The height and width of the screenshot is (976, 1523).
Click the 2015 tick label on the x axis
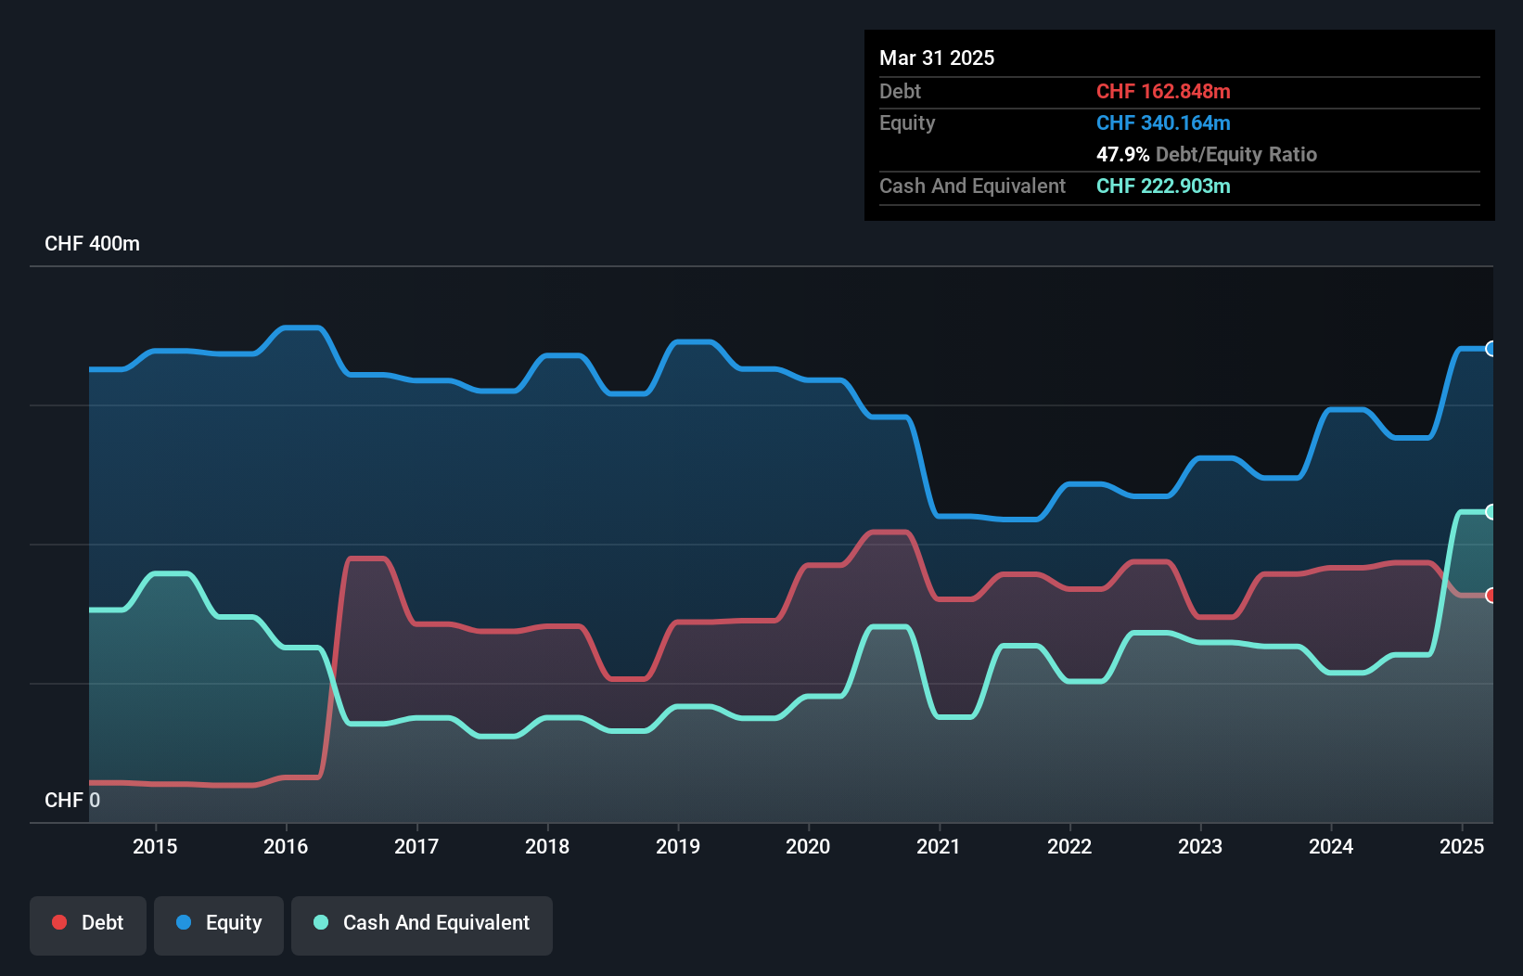(155, 846)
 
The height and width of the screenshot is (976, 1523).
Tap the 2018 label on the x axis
(547, 846)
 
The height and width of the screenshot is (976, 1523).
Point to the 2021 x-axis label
(939, 846)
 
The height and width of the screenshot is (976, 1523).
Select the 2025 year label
(1462, 846)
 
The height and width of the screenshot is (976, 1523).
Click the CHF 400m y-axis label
(92, 244)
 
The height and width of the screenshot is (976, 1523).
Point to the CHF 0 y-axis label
(72, 800)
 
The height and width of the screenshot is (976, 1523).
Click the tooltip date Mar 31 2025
(937, 58)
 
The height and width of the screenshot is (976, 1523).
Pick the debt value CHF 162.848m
(1163, 92)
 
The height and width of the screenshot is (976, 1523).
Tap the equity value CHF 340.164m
(1163, 123)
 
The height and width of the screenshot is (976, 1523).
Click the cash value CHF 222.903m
(1163, 186)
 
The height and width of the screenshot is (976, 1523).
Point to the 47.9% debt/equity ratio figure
(1122, 155)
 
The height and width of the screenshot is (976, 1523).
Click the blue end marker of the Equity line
(1491, 349)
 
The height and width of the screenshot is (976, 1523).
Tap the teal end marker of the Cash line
(1491, 512)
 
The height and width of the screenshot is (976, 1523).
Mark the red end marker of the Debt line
(1491, 596)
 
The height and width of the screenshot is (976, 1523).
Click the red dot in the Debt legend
(59, 922)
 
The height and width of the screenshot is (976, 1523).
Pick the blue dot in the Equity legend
(184, 922)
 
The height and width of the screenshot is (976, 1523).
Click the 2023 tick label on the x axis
(1200, 846)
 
